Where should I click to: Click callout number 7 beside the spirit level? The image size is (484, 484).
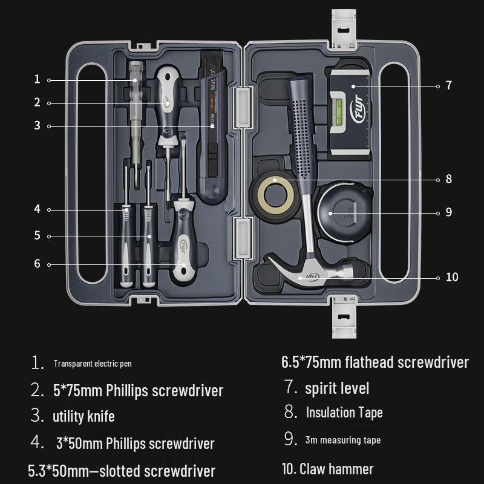point(448,86)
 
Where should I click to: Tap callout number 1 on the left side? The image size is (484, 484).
point(37,79)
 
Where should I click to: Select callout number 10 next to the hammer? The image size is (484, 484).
point(451,277)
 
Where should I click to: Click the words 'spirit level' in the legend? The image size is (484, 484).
point(336,388)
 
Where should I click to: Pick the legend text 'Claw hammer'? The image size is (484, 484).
point(336,469)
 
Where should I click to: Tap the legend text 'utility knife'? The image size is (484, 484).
point(83,416)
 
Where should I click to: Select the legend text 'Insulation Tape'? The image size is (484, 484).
point(344,413)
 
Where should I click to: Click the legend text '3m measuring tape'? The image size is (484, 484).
point(343,440)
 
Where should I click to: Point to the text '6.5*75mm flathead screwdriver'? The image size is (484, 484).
point(375,362)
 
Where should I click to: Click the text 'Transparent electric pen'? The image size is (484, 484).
point(93,364)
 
